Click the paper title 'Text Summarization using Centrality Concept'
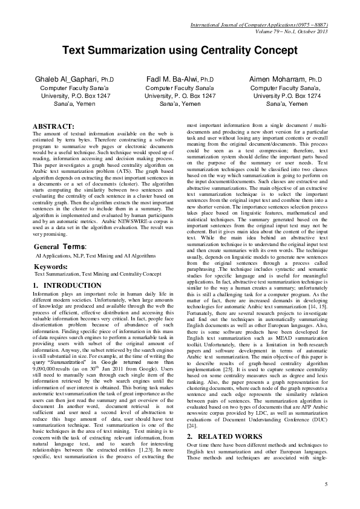(x=180, y=51)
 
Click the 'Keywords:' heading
(x=50, y=266)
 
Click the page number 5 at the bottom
(x=326, y=484)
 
